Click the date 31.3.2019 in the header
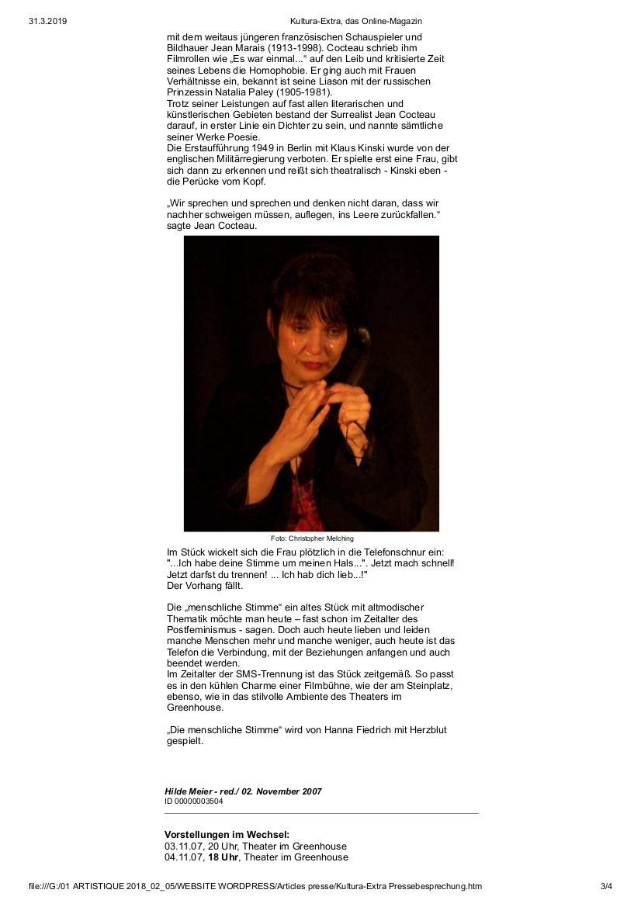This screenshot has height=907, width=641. (x=47, y=21)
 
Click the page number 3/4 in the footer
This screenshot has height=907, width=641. (x=606, y=885)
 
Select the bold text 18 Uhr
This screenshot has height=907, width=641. (x=223, y=857)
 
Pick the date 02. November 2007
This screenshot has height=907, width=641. (x=282, y=791)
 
